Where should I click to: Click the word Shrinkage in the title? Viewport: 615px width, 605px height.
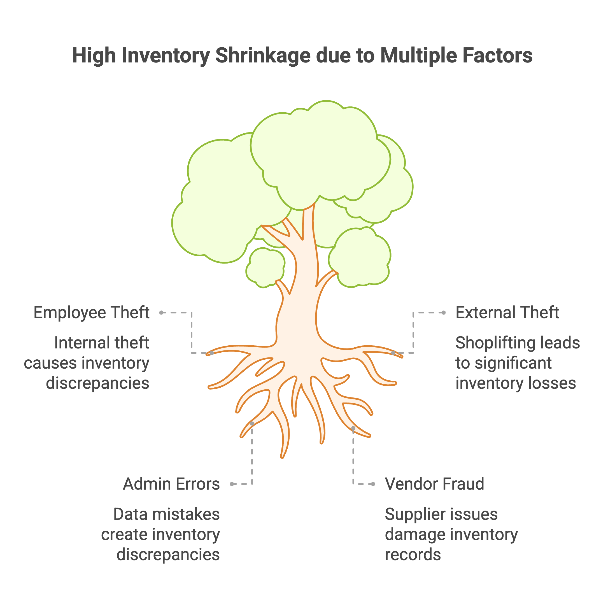tap(263, 56)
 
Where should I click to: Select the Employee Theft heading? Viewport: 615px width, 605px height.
tap(91, 313)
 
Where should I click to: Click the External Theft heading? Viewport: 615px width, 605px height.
tap(507, 313)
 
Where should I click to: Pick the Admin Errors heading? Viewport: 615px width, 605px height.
tap(171, 484)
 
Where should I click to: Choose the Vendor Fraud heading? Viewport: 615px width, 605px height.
tap(434, 484)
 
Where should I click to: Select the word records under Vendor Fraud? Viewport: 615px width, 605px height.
tap(413, 555)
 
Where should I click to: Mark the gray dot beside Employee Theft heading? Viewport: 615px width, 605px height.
tap(161, 313)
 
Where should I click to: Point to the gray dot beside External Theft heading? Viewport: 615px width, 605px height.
tap(444, 313)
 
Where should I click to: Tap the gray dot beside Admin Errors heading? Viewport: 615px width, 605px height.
tap(232, 484)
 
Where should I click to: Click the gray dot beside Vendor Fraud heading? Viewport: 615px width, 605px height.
tap(373, 484)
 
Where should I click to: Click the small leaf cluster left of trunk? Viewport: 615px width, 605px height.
tap(265, 267)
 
